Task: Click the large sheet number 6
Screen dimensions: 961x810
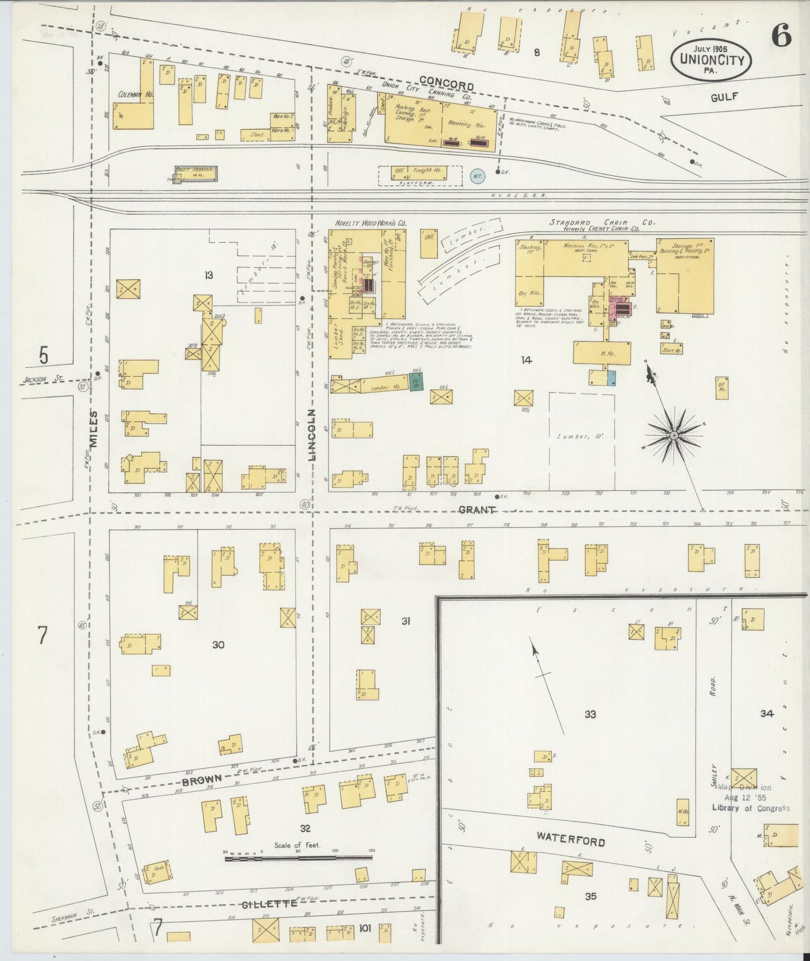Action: point(781,37)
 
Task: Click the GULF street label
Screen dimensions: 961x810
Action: point(723,96)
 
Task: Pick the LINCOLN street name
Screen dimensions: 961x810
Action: point(312,435)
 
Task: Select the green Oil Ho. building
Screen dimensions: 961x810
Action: point(416,382)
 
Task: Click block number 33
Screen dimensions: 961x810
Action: point(590,714)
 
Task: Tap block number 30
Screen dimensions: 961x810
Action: point(218,645)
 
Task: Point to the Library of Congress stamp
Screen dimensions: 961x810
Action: point(750,798)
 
